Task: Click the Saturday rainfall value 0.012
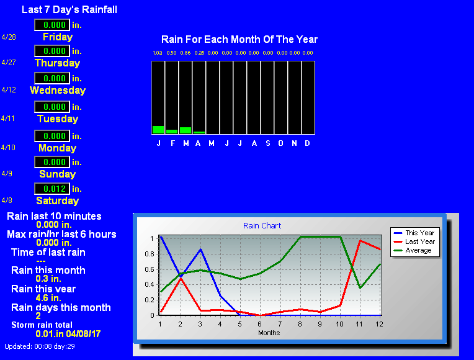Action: [x=55, y=189]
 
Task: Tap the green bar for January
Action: [x=158, y=130]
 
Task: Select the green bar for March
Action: [x=186, y=130]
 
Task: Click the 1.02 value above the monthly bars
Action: [x=158, y=53]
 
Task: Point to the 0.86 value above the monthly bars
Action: [x=186, y=53]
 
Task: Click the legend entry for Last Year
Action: [x=414, y=241]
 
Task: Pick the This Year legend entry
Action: [x=414, y=233]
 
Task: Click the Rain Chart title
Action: [x=262, y=226]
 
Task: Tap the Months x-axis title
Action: [x=269, y=333]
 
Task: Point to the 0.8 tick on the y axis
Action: [x=150, y=254]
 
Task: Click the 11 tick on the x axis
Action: [x=359, y=324]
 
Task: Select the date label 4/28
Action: [x=9, y=37]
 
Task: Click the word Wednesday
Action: [x=58, y=90]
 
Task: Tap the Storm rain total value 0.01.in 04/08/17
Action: [x=68, y=334]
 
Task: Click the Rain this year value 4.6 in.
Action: [x=48, y=298]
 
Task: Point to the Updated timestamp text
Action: [x=40, y=346]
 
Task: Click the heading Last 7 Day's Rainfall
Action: [x=69, y=10]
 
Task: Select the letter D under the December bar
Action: [x=307, y=143]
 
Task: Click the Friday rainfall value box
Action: [x=52, y=25]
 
